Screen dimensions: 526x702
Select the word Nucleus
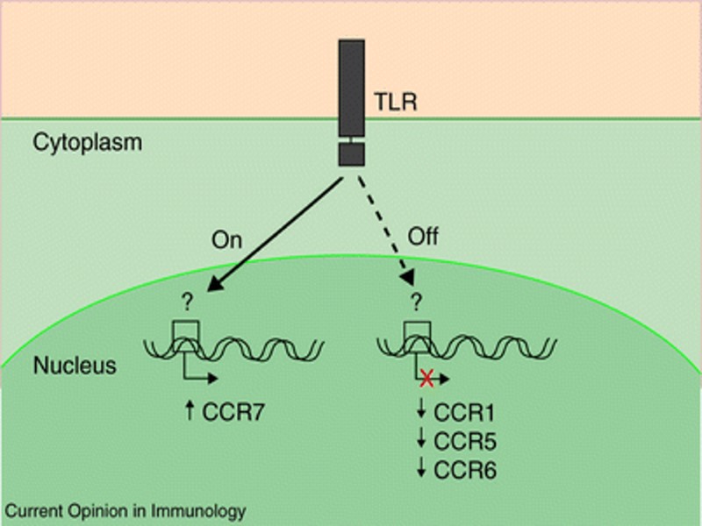pyautogui.click(x=75, y=365)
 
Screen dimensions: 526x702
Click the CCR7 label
pyautogui.click(x=231, y=409)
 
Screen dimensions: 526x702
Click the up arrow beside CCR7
pyautogui.click(x=188, y=409)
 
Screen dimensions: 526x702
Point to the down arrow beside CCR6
pyautogui.click(x=423, y=470)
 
